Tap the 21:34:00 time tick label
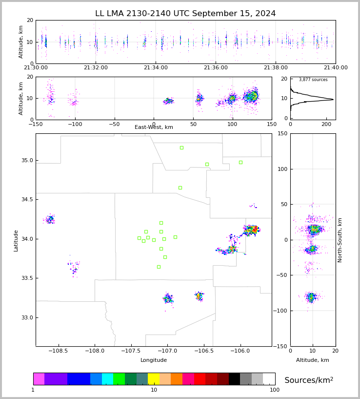click(x=155, y=68)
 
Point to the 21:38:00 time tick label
click(x=276, y=68)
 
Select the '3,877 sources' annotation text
click(x=313, y=80)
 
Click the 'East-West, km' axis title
click(x=154, y=127)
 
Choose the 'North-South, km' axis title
click(x=340, y=240)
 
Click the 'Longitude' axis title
click(x=154, y=360)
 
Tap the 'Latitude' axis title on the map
click(x=16, y=240)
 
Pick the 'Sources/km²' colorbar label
click(x=309, y=380)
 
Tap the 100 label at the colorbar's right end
click(x=275, y=390)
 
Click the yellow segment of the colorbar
click(x=154, y=379)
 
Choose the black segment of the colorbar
click(x=234, y=379)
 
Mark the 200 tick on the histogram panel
click(x=325, y=124)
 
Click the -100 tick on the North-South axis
click(x=281, y=311)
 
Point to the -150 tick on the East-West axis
click(x=36, y=124)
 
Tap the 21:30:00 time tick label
click(x=36, y=68)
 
